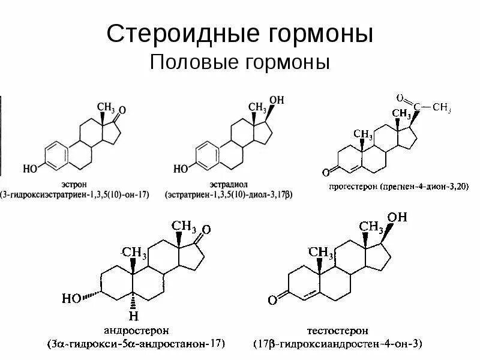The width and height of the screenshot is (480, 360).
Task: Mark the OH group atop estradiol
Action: click(277, 100)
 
